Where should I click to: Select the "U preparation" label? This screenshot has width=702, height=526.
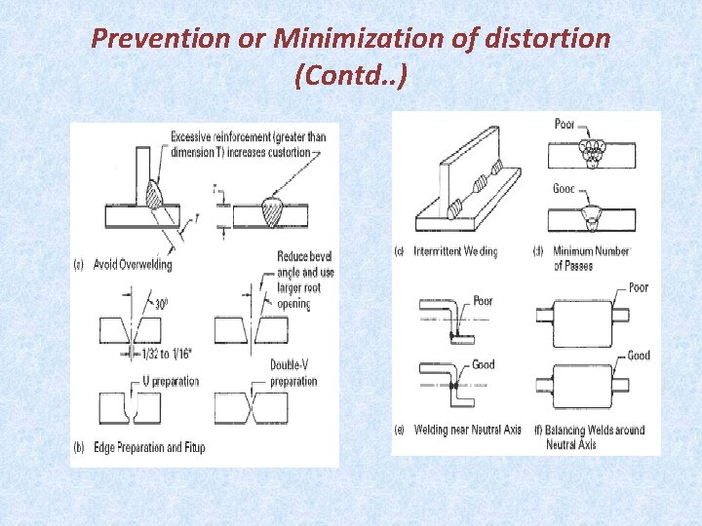click(171, 381)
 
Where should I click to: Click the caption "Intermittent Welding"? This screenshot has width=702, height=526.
click(455, 251)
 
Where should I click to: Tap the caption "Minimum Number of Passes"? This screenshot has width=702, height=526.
click(590, 258)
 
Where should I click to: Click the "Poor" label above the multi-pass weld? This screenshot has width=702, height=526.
click(565, 125)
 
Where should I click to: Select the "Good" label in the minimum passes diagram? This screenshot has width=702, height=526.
click(564, 189)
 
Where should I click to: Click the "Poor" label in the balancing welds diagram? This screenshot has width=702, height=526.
click(639, 287)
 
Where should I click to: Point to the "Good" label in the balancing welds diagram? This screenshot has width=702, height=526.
click(639, 356)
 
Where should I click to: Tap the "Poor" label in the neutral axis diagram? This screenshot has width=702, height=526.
click(483, 301)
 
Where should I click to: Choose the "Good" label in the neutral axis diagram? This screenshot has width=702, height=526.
click(483, 364)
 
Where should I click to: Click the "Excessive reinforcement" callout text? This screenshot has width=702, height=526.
click(248, 143)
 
